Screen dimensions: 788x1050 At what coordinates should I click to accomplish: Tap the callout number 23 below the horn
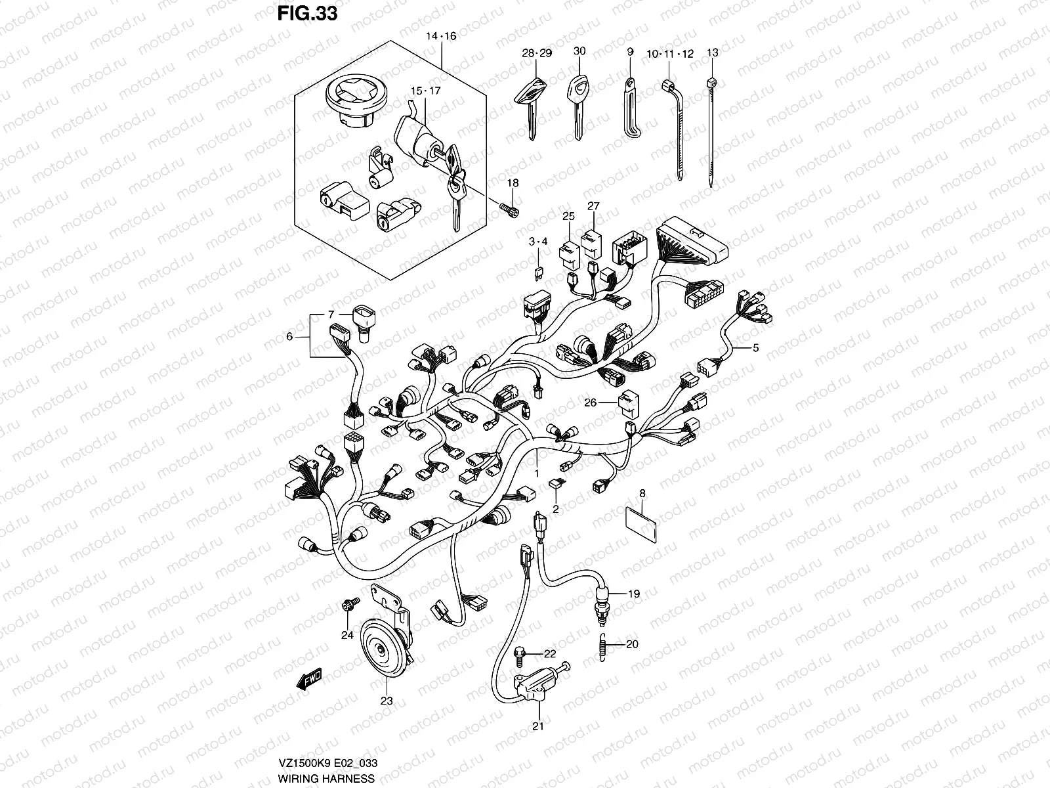(x=387, y=701)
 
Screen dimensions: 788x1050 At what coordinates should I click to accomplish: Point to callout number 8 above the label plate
(x=642, y=492)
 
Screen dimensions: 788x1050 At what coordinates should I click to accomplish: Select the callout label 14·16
(x=441, y=37)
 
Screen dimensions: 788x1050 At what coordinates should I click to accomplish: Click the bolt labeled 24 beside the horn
(x=348, y=603)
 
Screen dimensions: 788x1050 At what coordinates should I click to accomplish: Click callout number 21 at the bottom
(x=538, y=726)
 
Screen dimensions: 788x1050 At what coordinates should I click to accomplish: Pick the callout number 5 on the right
(x=755, y=348)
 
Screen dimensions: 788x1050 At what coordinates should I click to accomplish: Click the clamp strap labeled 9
(x=631, y=108)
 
